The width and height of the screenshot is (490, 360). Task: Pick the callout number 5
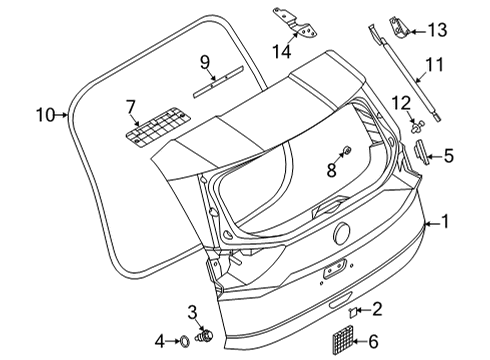pos(450,155)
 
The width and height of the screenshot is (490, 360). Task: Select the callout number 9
pos(205,63)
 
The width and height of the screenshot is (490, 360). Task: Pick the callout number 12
pos(401,102)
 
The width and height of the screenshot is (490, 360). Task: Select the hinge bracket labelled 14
pos(286,20)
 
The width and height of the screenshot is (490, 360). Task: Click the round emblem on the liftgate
pos(340,234)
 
